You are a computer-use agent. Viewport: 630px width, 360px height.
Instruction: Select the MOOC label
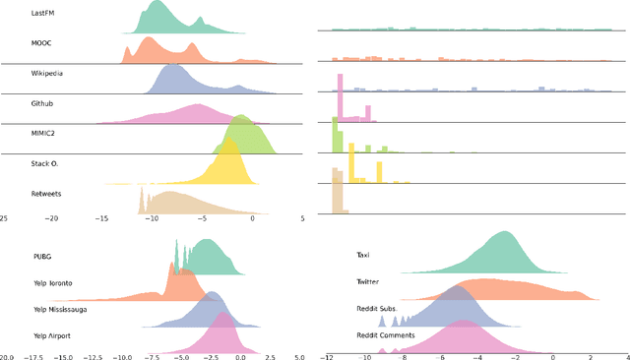tap(42, 44)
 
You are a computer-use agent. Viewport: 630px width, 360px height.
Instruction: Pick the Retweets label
tap(47, 194)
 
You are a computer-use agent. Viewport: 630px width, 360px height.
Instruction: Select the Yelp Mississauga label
tap(66, 309)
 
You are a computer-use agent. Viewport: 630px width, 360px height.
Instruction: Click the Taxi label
tap(364, 255)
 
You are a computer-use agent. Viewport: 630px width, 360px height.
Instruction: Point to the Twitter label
tap(367, 282)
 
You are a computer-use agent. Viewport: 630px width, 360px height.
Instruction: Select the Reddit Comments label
tap(385, 335)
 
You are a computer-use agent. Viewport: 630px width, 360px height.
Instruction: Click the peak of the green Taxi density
tap(505, 233)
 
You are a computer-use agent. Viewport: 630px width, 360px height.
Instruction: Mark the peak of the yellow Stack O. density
tap(230, 139)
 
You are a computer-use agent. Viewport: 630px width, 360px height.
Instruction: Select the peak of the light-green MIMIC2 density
tap(242, 114)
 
